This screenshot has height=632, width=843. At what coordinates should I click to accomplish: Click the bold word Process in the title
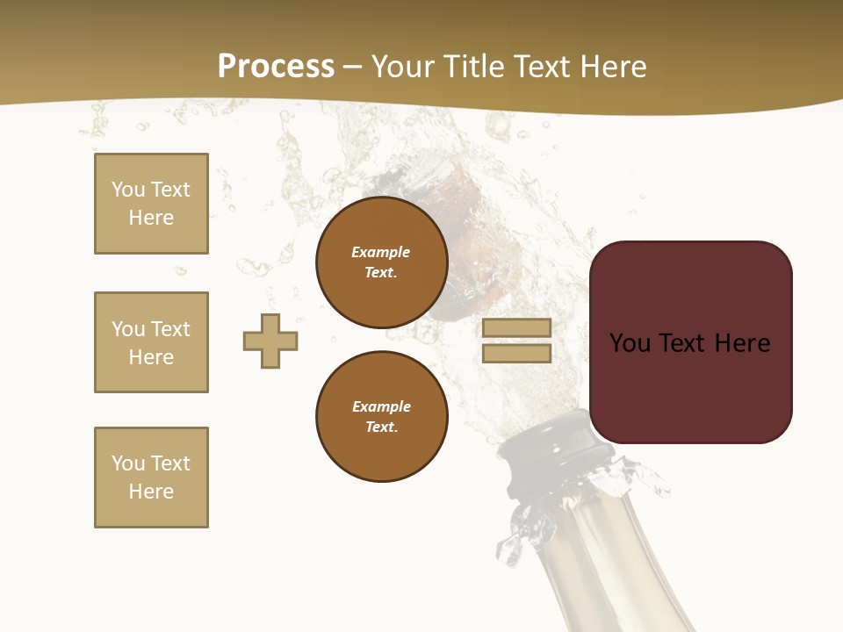(276, 67)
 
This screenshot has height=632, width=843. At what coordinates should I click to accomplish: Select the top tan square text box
(151, 204)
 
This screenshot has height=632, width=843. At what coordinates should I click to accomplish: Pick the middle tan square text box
(151, 342)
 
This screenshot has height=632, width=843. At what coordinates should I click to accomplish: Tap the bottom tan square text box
(151, 478)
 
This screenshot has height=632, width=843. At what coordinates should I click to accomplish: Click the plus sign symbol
(270, 341)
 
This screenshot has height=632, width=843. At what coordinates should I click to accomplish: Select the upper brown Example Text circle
(381, 262)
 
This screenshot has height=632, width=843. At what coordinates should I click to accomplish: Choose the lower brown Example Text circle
(381, 417)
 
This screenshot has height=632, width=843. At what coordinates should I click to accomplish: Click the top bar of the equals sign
(516, 328)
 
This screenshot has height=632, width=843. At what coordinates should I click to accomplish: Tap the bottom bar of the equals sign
(516, 354)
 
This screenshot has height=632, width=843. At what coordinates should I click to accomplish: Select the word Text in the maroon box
(685, 343)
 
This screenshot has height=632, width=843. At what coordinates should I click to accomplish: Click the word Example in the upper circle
(381, 252)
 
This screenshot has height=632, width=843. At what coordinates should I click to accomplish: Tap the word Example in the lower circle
(381, 406)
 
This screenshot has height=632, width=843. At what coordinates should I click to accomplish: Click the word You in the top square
(127, 190)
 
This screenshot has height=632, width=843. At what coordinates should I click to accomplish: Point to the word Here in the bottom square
(151, 492)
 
